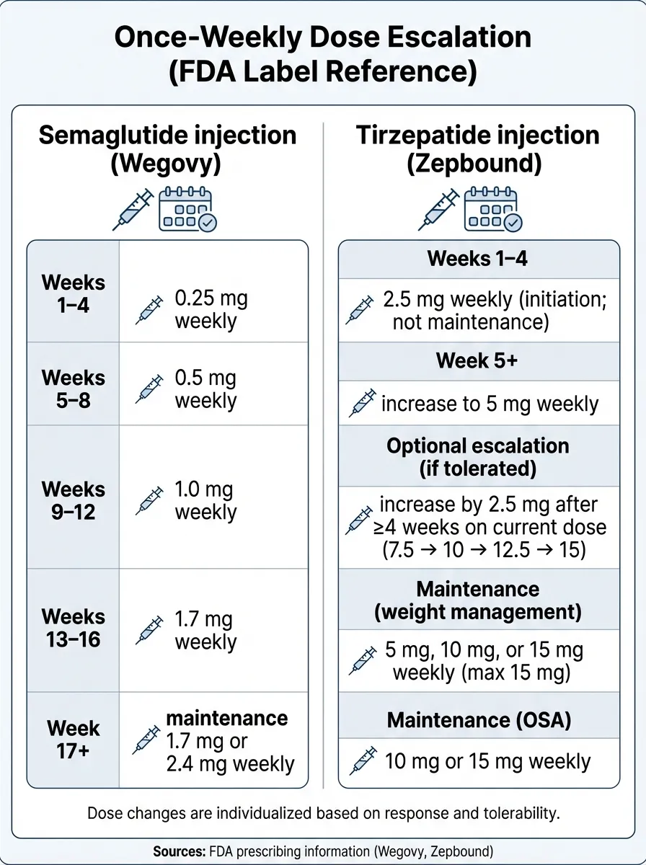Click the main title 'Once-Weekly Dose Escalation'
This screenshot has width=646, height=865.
click(322, 37)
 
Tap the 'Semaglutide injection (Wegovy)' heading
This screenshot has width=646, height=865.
click(167, 149)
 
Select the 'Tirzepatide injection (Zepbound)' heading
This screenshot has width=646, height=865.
click(478, 149)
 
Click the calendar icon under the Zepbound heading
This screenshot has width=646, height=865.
click(493, 209)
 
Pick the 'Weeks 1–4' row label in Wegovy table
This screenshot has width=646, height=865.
click(73, 293)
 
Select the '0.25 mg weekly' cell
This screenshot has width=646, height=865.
click(211, 310)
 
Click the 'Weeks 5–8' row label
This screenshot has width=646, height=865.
click(73, 389)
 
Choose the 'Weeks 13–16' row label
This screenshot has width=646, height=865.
click(73, 628)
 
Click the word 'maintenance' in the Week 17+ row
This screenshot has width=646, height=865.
click(227, 718)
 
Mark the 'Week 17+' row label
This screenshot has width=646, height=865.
click(73, 740)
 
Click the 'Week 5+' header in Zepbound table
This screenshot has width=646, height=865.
click(477, 361)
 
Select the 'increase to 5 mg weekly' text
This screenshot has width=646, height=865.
click(490, 404)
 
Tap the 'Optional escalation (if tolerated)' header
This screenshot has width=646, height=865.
click(477, 457)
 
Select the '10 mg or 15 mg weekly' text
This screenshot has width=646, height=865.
click(487, 761)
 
